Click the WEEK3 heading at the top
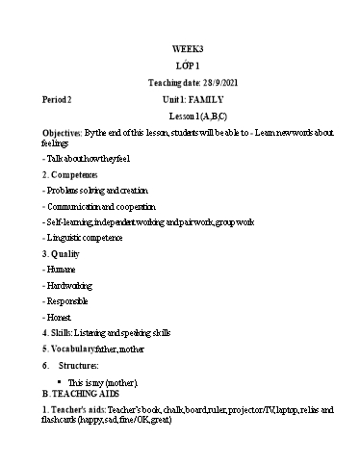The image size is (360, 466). (x=188, y=47)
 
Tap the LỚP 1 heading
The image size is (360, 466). (x=189, y=65)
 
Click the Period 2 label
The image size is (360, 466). (x=57, y=99)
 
